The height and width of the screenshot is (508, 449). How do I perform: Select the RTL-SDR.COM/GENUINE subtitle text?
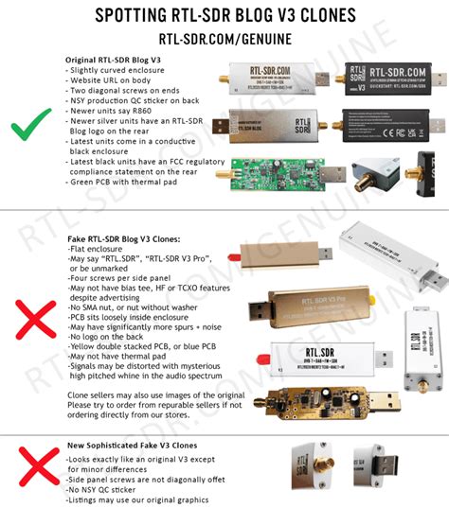(x=224, y=40)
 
